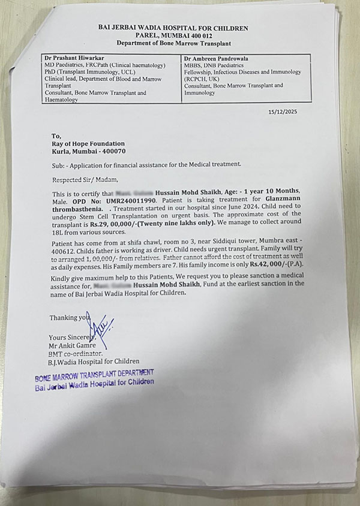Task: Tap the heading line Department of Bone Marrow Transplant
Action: coord(173,44)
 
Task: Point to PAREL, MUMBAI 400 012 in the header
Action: coord(173,36)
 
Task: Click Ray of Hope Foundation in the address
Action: coord(89,143)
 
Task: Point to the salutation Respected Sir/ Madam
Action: coord(85,178)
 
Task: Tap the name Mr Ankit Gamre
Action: coord(77,346)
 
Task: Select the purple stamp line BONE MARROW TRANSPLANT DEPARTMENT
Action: coord(93,375)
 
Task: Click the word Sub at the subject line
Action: coord(59,164)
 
